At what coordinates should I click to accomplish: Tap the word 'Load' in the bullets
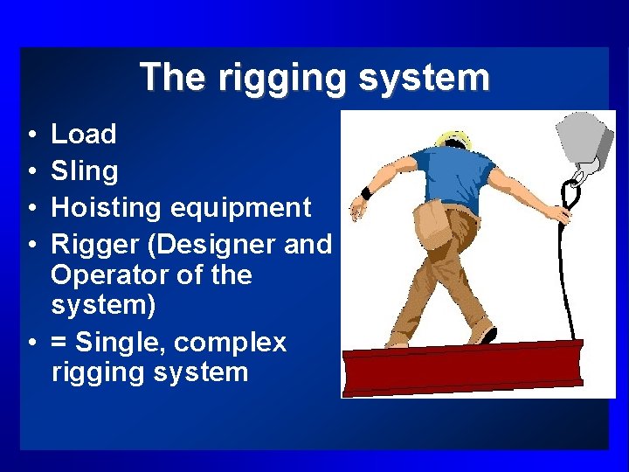(83, 134)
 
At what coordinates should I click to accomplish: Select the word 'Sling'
(84, 170)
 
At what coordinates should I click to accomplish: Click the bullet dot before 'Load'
(31, 135)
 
